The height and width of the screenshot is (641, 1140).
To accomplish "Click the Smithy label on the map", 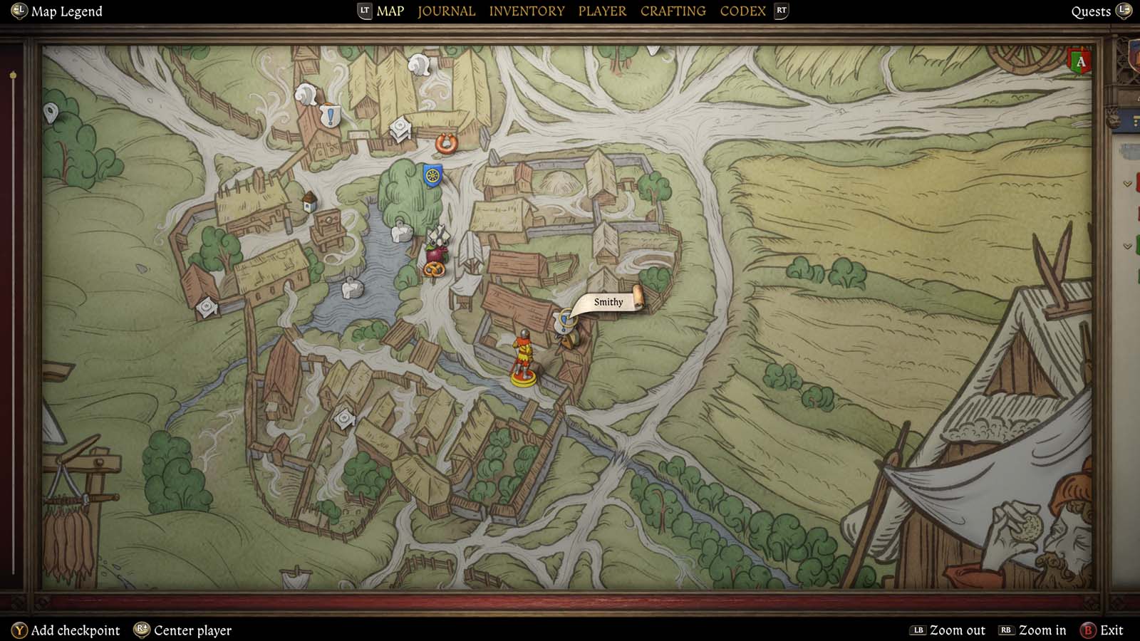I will pyautogui.click(x=608, y=302).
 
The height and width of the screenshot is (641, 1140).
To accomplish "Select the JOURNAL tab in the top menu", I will pyautogui.click(x=446, y=11).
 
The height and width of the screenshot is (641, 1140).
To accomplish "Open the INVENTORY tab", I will pyautogui.click(x=527, y=11).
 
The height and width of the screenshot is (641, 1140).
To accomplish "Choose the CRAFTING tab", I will pyautogui.click(x=673, y=11).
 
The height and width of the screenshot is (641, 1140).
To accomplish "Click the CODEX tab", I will pyautogui.click(x=742, y=11).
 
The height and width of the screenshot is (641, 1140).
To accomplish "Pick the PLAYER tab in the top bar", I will pyautogui.click(x=602, y=11).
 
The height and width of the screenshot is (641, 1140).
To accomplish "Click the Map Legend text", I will pyautogui.click(x=66, y=11).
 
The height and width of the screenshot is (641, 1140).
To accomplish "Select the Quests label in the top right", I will pyautogui.click(x=1091, y=11).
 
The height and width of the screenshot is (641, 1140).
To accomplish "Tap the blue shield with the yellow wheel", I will pyautogui.click(x=432, y=174).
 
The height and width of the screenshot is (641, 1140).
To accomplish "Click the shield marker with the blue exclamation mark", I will pyautogui.click(x=330, y=115).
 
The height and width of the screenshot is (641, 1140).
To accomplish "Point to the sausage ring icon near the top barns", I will pyautogui.click(x=446, y=144).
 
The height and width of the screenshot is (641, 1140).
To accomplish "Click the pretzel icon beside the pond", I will pyautogui.click(x=433, y=270).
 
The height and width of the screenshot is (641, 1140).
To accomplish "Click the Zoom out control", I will pyautogui.click(x=957, y=630).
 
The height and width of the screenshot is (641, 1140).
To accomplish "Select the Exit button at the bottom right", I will pyautogui.click(x=1111, y=630).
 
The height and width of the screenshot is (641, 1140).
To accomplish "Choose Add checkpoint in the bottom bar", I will pyautogui.click(x=75, y=630).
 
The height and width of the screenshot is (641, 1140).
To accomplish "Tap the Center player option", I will pyautogui.click(x=192, y=630).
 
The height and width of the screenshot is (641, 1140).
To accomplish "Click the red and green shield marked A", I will pyautogui.click(x=1080, y=62).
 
